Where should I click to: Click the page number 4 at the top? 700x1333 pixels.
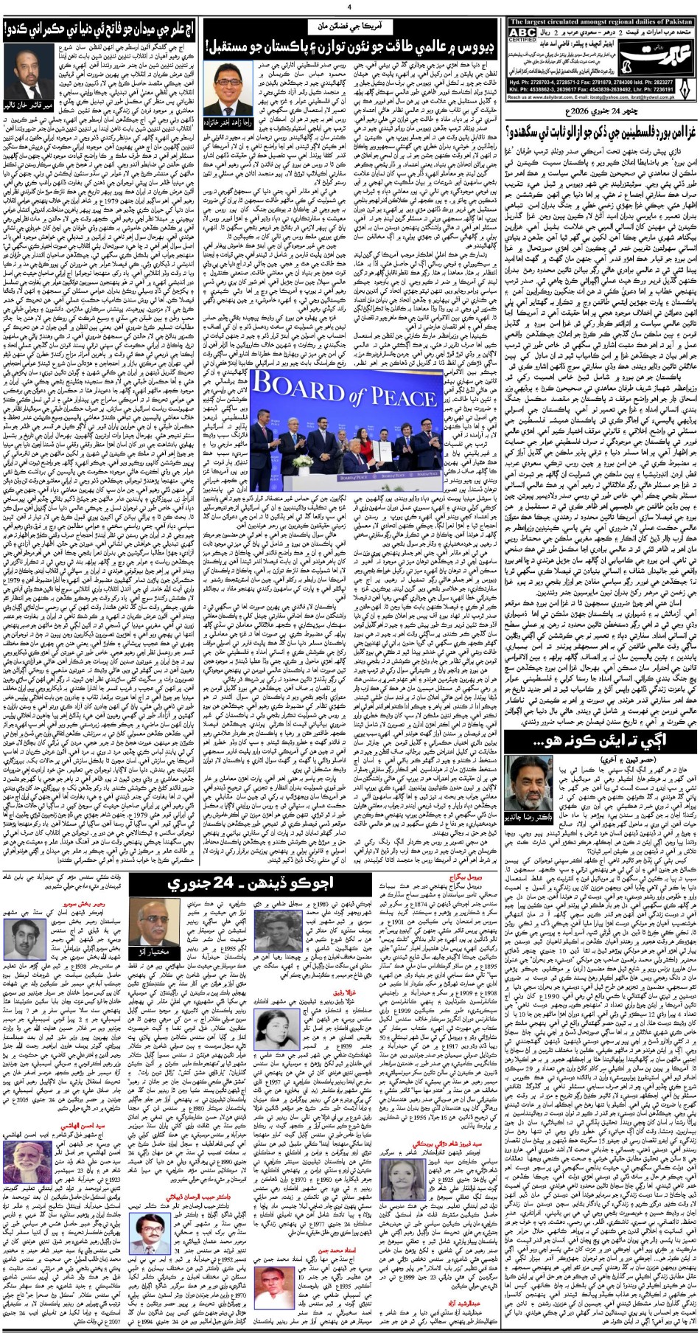[x=351, y=7]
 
